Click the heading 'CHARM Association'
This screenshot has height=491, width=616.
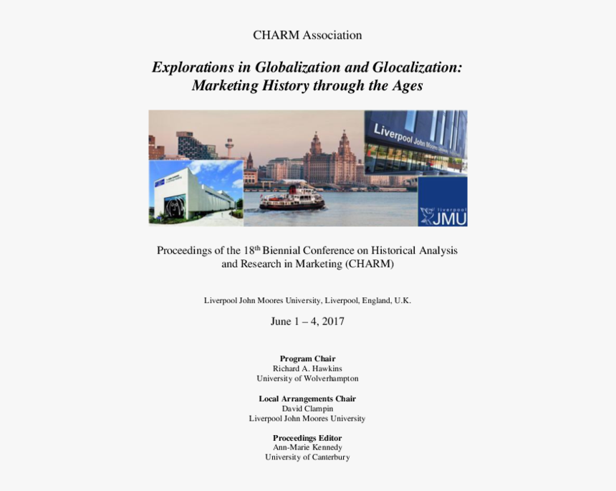[x=307, y=35]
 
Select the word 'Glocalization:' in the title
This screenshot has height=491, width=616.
[x=417, y=67]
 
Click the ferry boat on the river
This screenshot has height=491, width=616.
[x=292, y=198]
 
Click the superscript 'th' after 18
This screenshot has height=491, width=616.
[x=257, y=248]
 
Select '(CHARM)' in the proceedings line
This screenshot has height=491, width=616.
[x=370, y=264]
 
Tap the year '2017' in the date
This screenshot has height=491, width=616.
[x=333, y=321]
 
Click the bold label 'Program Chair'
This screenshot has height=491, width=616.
[x=307, y=358]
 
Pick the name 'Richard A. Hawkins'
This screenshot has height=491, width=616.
[x=307, y=368]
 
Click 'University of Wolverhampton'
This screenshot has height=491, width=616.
[x=307, y=378]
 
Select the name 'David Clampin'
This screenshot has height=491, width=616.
[x=307, y=409]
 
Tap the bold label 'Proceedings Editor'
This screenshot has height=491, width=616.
[x=307, y=438]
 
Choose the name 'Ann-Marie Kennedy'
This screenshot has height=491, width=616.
[x=307, y=447]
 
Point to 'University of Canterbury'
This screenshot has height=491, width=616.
[x=307, y=457]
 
